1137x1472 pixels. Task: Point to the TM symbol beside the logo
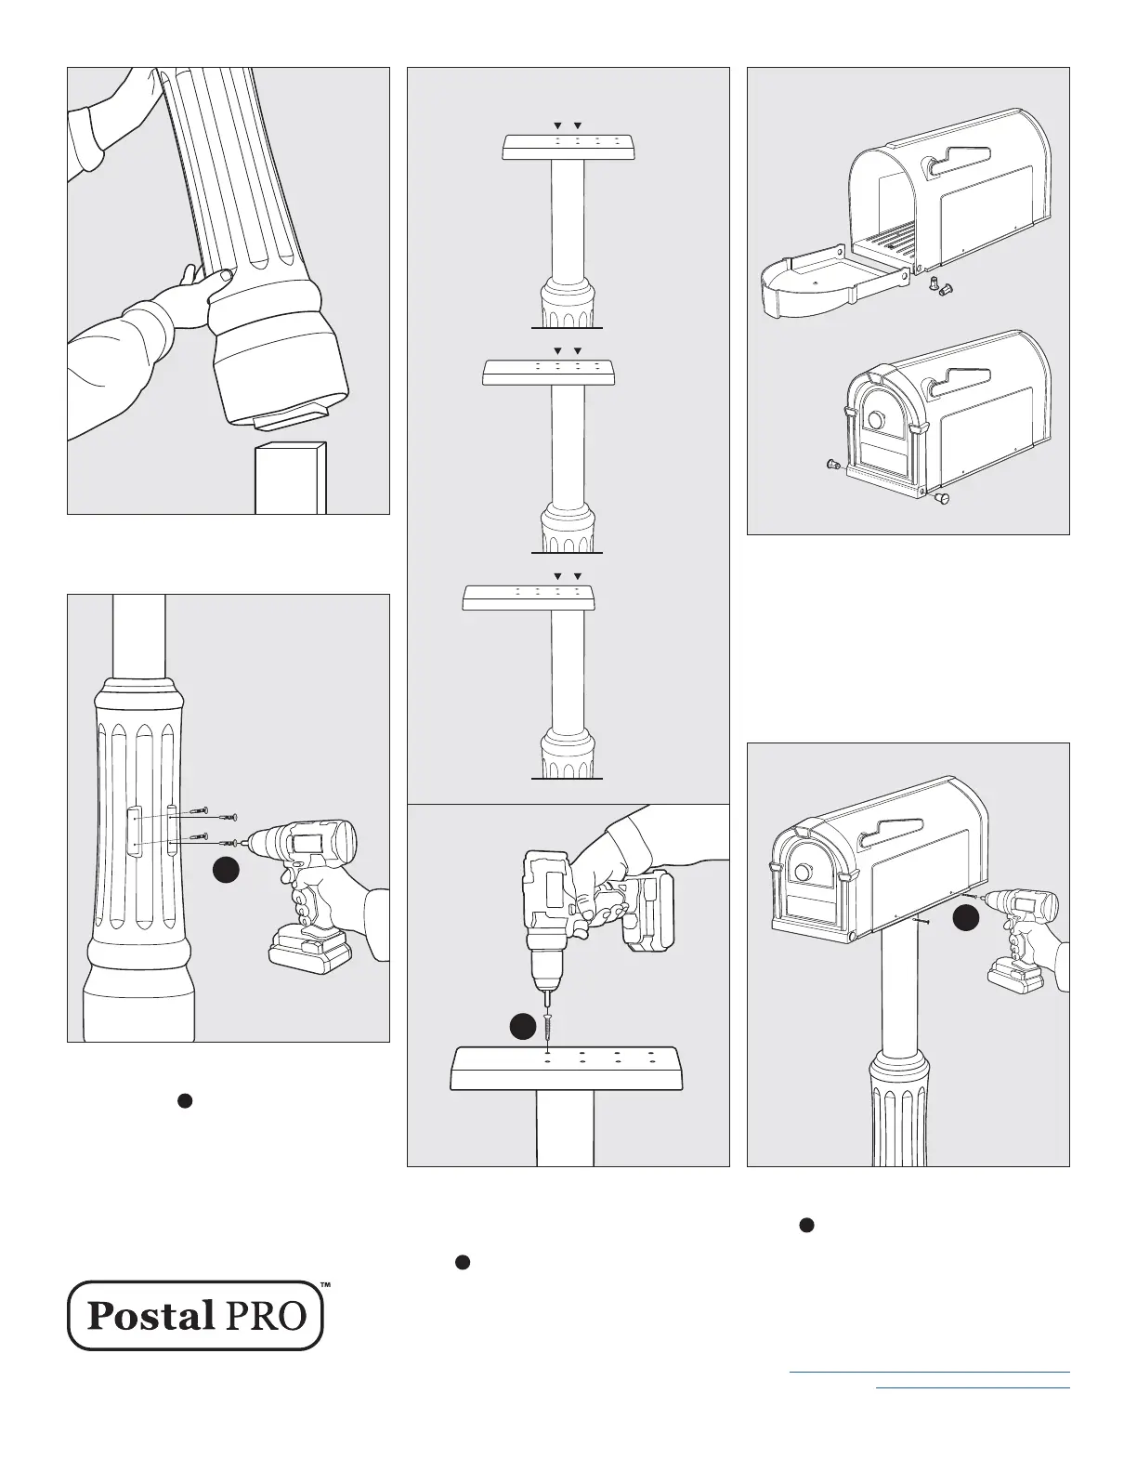[x=324, y=1286]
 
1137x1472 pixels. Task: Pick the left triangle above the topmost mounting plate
[x=557, y=125]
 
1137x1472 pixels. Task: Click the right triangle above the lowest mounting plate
[x=578, y=576]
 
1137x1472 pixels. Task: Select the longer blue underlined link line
[x=929, y=1372]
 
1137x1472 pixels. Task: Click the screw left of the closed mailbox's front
[x=832, y=465]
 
